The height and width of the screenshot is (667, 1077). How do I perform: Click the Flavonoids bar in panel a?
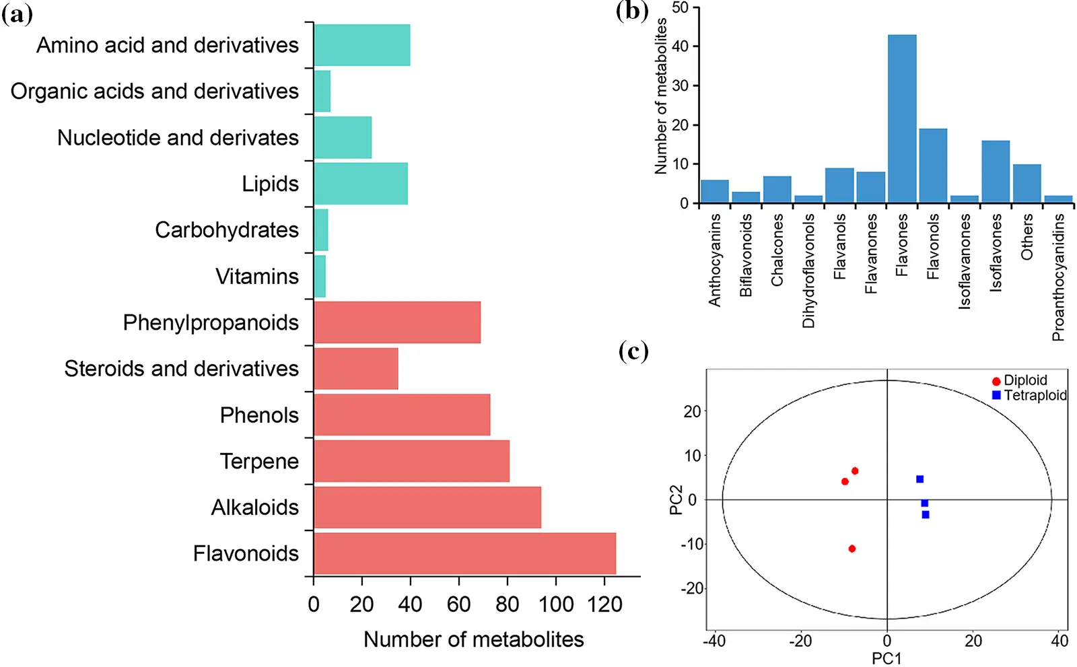464,553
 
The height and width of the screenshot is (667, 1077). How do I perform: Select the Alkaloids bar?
427,507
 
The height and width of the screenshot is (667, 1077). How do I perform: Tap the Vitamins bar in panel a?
320,276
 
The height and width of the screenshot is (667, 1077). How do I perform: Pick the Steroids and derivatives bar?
356,369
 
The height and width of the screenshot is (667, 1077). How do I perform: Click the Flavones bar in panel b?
902,118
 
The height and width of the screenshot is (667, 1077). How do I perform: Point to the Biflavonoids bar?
746,197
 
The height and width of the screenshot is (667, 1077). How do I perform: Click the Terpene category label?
259,461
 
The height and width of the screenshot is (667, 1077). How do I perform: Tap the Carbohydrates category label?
227,230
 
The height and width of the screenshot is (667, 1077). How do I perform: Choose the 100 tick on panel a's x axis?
556,604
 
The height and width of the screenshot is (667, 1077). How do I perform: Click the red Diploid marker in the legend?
996,381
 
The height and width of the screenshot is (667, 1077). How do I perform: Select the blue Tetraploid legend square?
996,395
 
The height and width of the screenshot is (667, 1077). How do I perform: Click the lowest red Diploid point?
852,549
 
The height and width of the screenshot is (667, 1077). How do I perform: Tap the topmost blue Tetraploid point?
919,479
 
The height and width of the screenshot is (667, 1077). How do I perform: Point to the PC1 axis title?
887,658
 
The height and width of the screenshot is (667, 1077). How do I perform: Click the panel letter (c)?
633,351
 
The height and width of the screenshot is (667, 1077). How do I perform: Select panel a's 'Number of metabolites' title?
473,639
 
